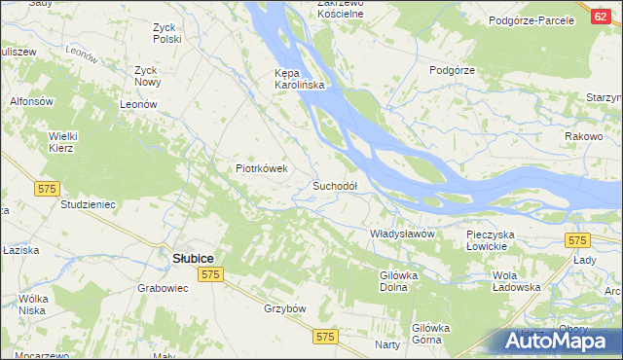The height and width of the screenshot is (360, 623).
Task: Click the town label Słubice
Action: click(193, 258)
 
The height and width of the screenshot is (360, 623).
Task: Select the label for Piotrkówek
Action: click(262, 167)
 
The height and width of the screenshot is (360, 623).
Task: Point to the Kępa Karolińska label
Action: click(299, 79)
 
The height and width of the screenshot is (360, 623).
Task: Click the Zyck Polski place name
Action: click(167, 34)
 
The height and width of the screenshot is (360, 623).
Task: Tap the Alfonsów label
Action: click(29, 101)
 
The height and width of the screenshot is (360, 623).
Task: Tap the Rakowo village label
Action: click(583, 136)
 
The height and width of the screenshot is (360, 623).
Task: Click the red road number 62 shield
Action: click(600, 17)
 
